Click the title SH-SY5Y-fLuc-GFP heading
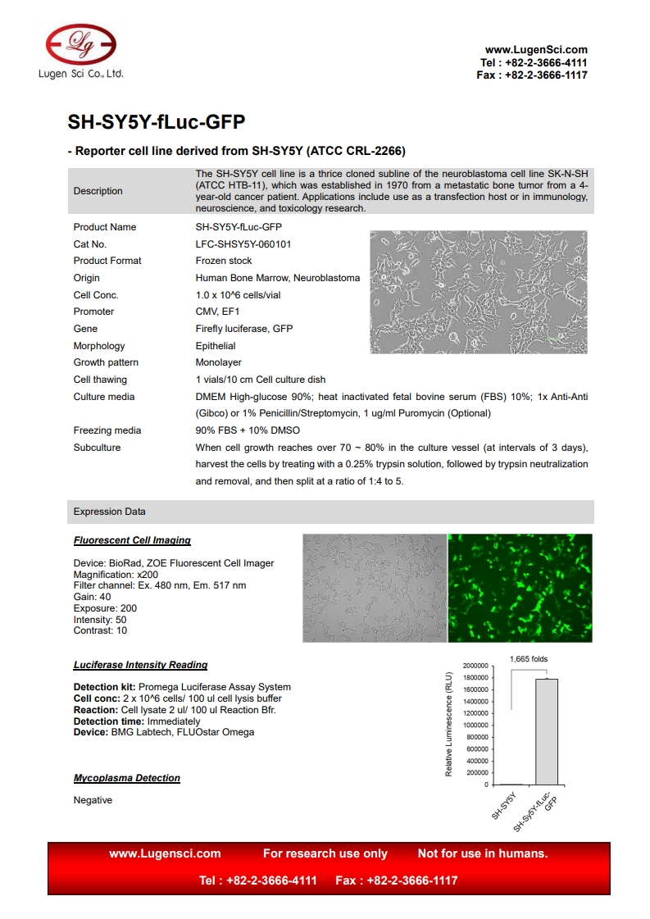coord(156,122)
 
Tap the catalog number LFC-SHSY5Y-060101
coord(243,244)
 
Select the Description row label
coord(98,191)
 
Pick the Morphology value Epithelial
coord(216,346)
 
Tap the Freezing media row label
coord(107,430)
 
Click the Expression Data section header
coord(110,512)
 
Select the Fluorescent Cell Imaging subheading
coord(132,540)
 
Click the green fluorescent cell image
coord(520,588)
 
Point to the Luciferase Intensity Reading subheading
coord(140,665)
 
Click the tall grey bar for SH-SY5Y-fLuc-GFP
coord(546,731)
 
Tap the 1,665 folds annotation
coord(529,658)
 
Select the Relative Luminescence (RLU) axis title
coord(449,725)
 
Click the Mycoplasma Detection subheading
coord(126,778)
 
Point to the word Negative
coord(93,800)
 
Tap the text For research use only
coord(325,853)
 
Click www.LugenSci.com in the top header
coord(536,50)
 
